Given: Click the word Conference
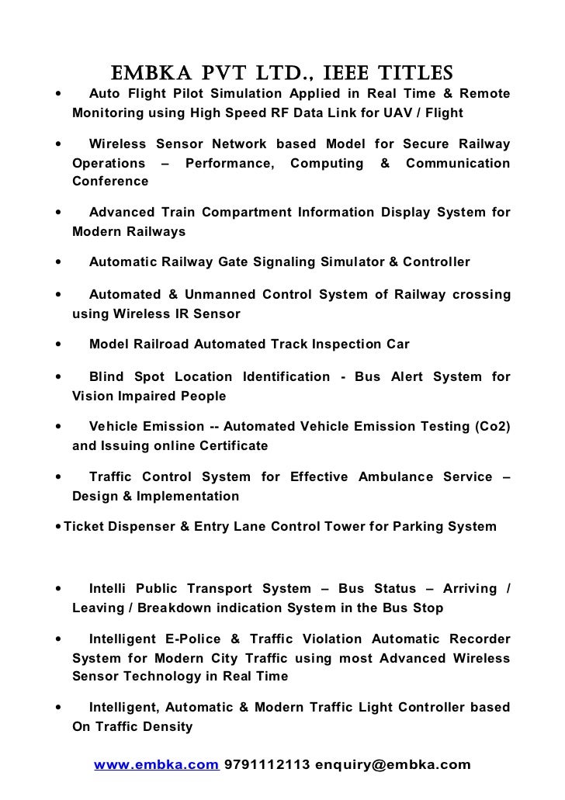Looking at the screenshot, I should pyautogui.click(x=109, y=182).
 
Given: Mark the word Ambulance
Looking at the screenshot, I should pyautogui.click(x=396, y=476).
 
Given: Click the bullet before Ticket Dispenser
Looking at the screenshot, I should pyautogui.click(x=58, y=527).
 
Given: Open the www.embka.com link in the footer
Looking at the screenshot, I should pyautogui.click(x=156, y=765).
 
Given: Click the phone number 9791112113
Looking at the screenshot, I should pyautogui.click(x=267, y=765).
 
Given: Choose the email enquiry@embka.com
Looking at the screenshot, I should pyautogui.click(x=393, y=765).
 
